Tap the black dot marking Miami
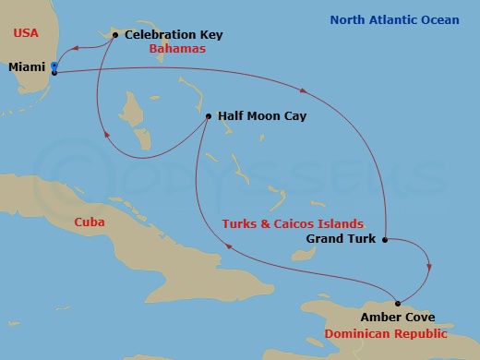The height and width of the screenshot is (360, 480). pyautogui.click(x=54, y=72)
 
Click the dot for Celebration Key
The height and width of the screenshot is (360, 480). pyautogui.click(x=114, y=35)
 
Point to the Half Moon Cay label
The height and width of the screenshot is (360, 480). pyautogui.click(x=262, y=116)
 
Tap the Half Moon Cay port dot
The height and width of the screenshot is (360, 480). pyautogui.click(x=209, y=116)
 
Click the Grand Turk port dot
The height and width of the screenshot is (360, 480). pyautogui.click(x=384, y=238)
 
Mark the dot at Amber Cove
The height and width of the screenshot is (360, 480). pyautogui.click(x=398, y=303)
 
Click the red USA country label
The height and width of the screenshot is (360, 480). pyautogui.click(x=24, y=33)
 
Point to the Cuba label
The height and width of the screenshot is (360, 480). pyautogui.click(x=89, y=222)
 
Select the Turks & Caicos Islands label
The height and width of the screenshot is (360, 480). pyautogui.click(x=292, y=223)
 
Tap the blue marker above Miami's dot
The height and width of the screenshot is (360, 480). pyautogui.click(x=54, y=66)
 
